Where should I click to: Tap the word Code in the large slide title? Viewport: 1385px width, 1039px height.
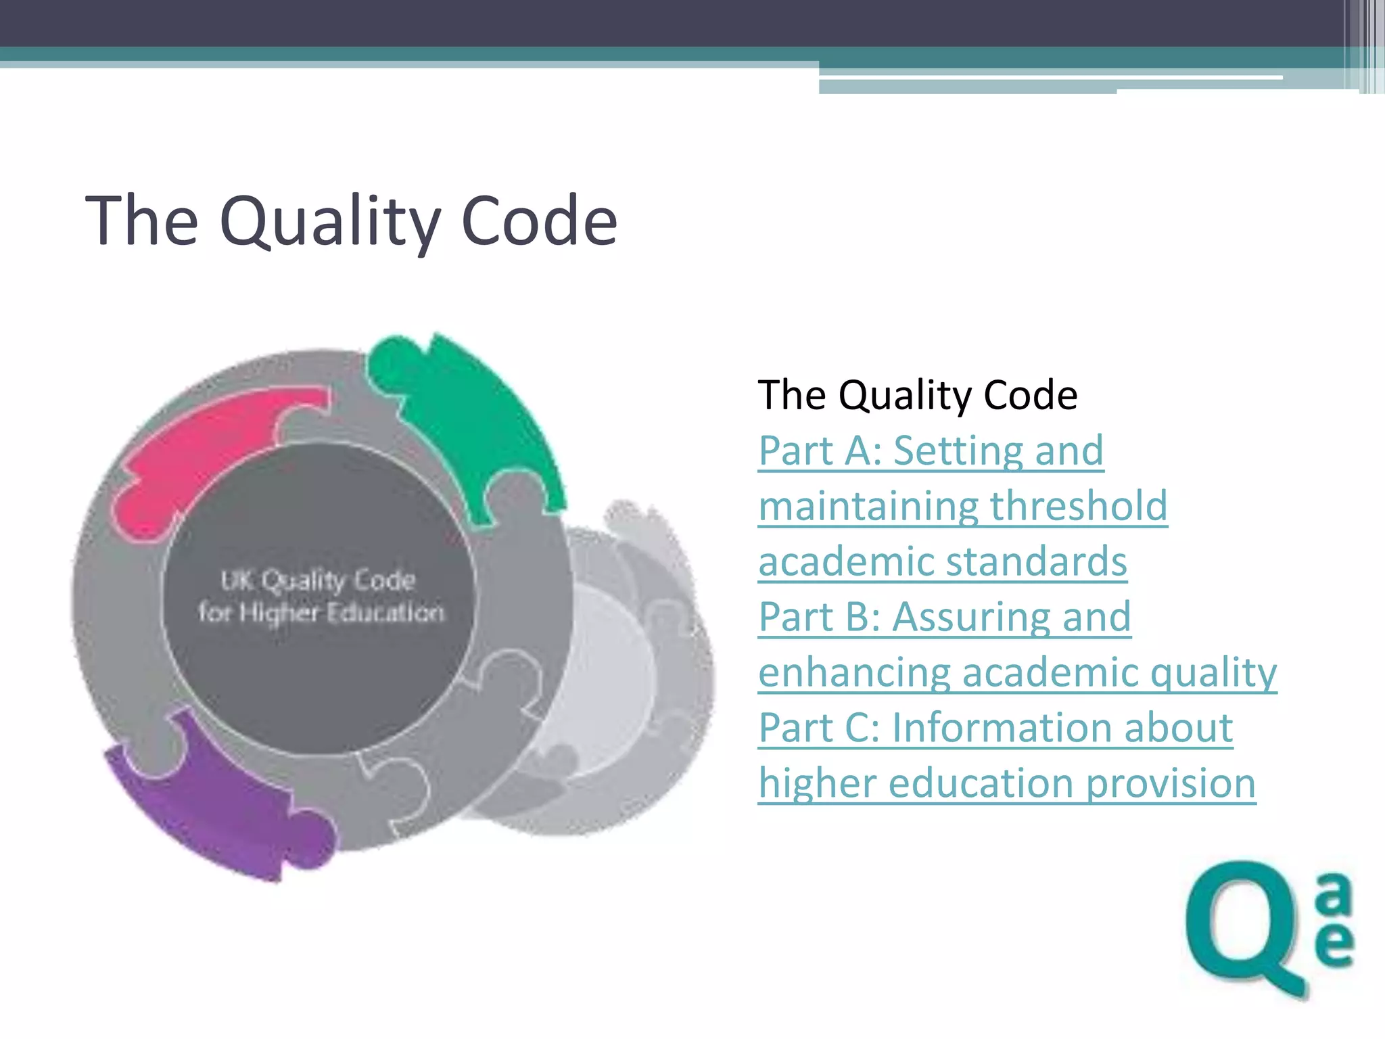click(x=539, y=222)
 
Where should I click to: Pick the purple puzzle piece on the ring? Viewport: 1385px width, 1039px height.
click(x=223, y=805)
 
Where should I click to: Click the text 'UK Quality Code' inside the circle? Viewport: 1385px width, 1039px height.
click(x=318, y=580)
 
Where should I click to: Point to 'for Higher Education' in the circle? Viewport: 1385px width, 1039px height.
click(x=321, y=613)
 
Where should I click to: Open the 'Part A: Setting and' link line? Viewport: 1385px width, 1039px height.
click(x=931, y=451)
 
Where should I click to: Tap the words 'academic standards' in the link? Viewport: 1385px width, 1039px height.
click(x=942, y=561)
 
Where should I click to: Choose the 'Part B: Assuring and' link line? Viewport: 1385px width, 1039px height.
click(x=944, y=617)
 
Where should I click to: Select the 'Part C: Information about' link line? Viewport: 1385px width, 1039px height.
click(x=995, y=728)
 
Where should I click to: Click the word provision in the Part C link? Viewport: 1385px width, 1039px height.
click(x=1171, y=783)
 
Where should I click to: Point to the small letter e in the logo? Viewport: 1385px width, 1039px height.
click(x=1334, y=944)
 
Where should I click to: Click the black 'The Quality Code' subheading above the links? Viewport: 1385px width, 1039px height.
click(x=917, y=395)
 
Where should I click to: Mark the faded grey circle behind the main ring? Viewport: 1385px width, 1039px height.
click(x=629, y=683)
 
